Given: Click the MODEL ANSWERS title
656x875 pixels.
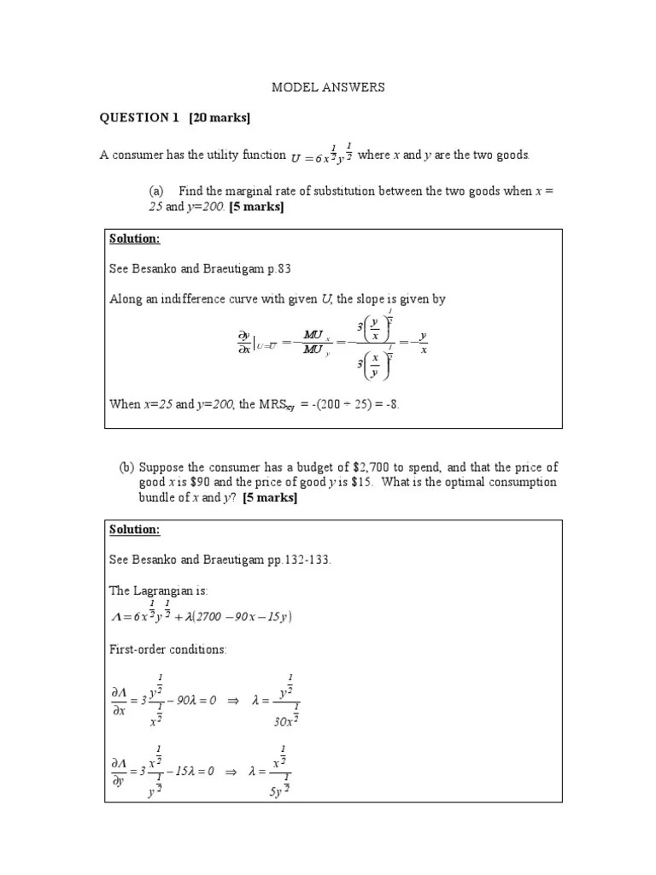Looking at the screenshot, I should coord(328,87).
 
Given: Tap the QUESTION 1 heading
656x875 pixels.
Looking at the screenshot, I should coord(135,118).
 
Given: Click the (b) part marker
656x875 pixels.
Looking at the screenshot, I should coord(126,467).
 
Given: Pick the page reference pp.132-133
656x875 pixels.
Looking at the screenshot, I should coord(296,560).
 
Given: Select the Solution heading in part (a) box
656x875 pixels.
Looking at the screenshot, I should coord(134,238).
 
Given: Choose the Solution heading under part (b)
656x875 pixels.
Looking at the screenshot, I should coord(134,530).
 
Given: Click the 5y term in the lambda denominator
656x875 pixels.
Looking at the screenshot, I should coord(278,790).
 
